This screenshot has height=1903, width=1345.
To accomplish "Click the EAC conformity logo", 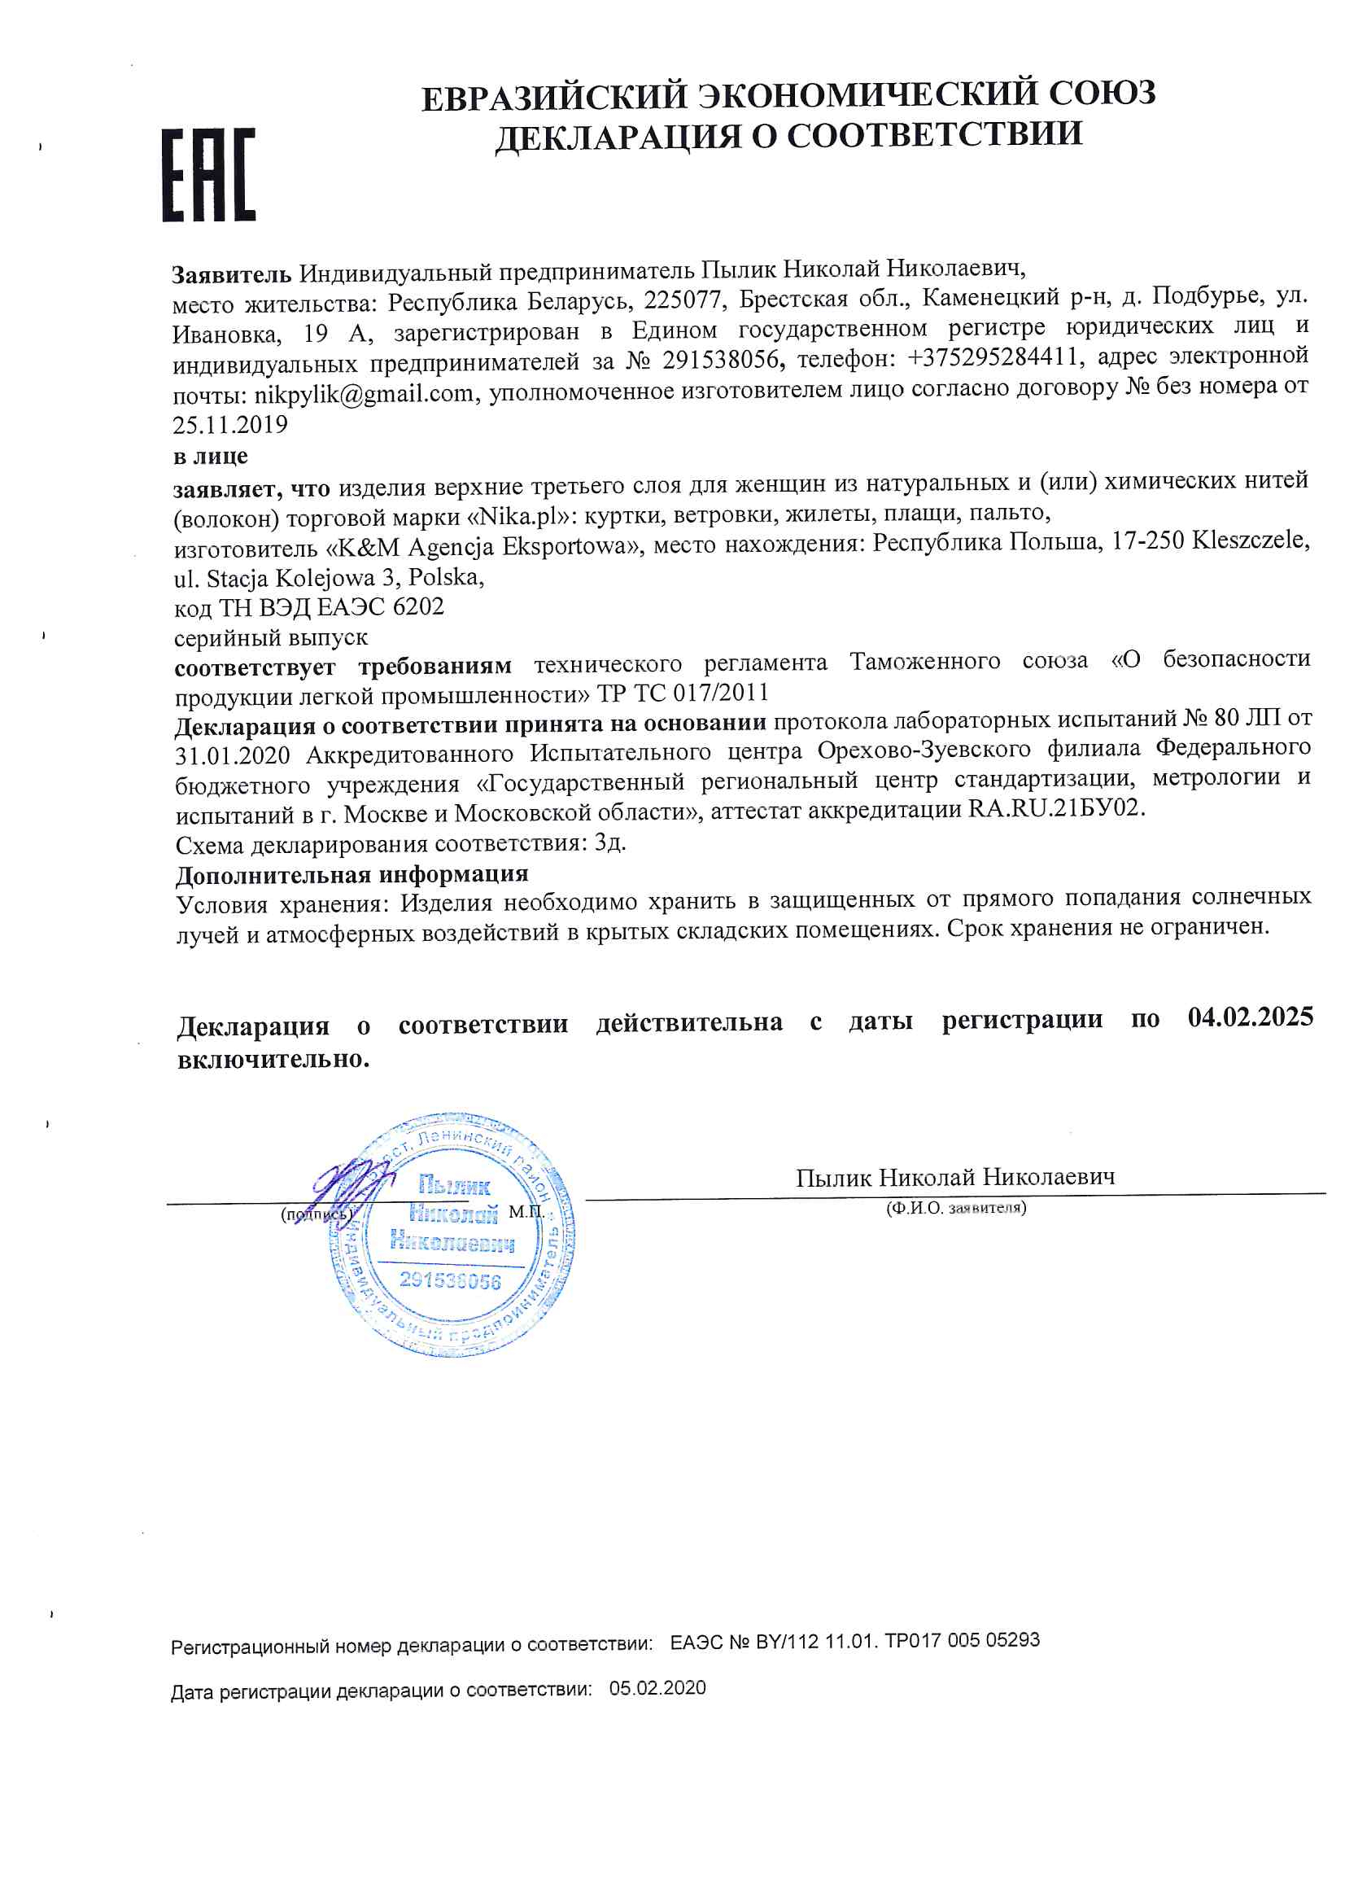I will coord(208,174).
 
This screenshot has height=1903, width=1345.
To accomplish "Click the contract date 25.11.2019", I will coord(230,425).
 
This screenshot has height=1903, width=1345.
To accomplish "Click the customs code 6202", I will coord(417,606).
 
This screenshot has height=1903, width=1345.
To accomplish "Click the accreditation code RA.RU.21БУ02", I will coord(1056,808).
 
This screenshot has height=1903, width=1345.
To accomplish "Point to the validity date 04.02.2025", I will coord(1250,1017).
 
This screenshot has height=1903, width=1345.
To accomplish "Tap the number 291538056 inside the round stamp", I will coord(450,1280).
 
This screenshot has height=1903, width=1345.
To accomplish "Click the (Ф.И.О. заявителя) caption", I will coord(955,1209).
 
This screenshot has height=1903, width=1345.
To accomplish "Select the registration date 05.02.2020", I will coord(657,1688).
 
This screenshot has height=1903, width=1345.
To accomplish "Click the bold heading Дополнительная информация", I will coord(352,874).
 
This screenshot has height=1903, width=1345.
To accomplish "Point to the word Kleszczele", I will coord(1251,540).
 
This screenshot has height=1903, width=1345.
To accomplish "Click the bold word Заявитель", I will coord(231,273).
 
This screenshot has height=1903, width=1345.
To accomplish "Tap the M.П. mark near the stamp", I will coord(526,1212).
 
